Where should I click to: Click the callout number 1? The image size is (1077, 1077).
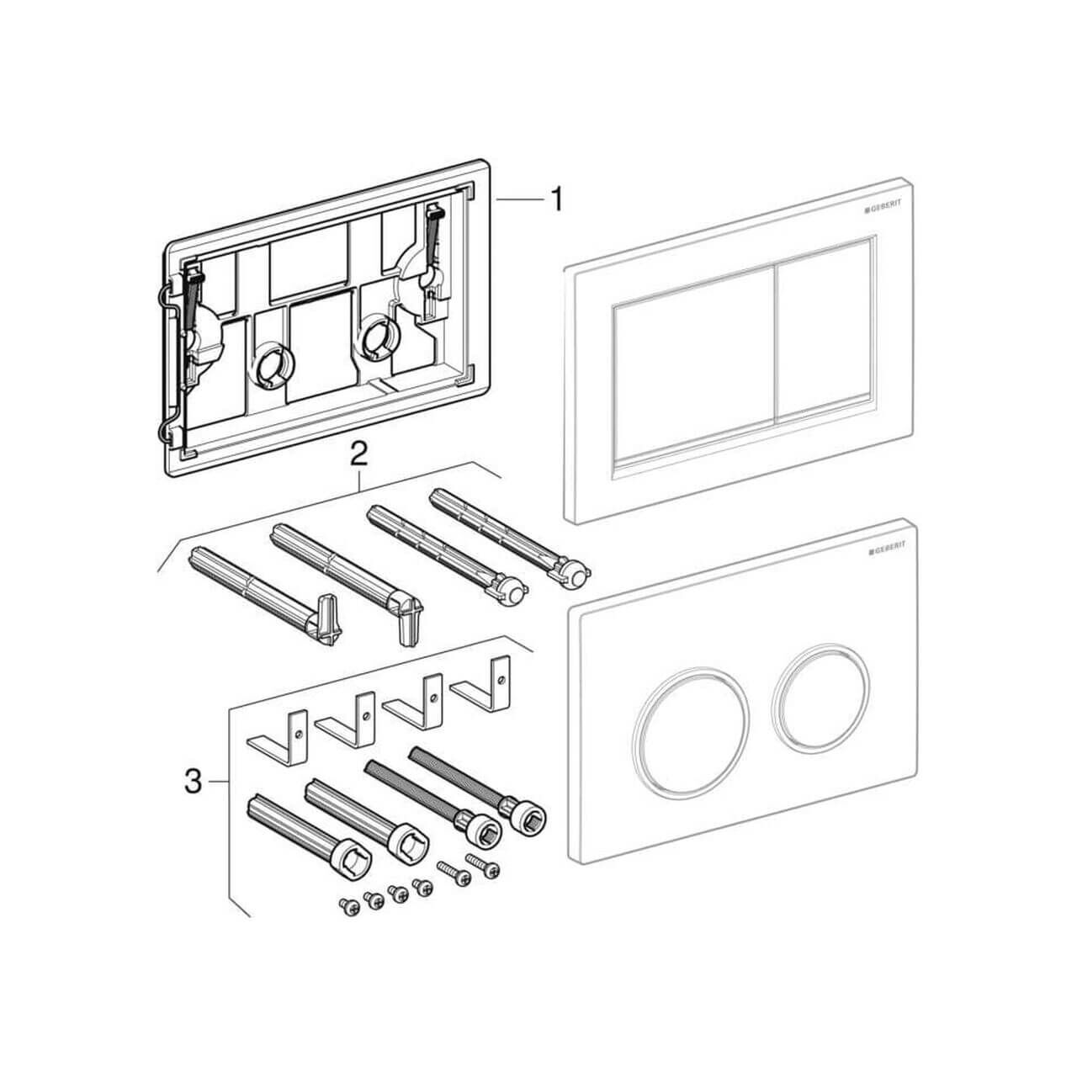tap(556, 200)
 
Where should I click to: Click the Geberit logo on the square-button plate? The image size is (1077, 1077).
tap(883, 208)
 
